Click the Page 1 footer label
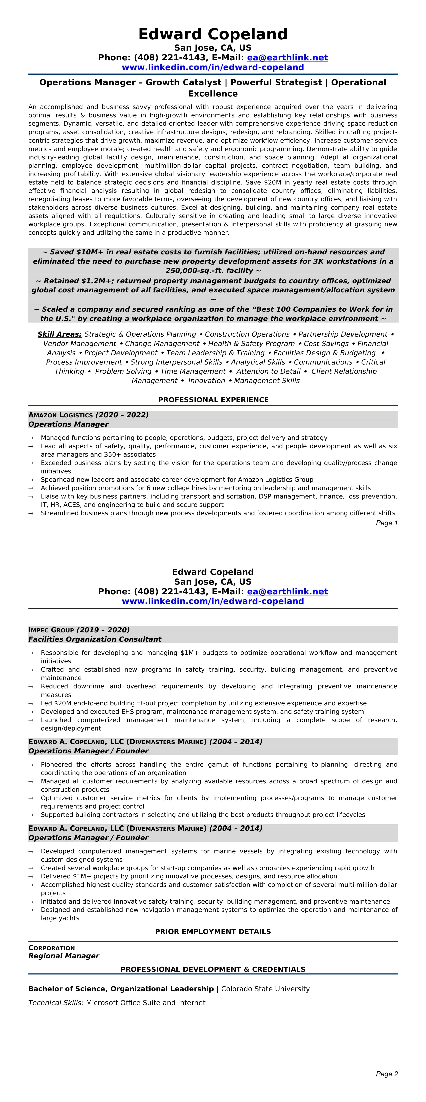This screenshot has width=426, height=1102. (387, 523)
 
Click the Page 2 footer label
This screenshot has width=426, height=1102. (387, 1074)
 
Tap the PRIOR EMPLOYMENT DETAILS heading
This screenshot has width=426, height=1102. (213, 931)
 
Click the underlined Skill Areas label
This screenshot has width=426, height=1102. (59, 334)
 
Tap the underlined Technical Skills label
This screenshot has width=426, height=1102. (56, 1002)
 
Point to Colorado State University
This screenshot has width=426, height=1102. (265, 989)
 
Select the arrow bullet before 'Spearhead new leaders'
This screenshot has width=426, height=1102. (31, 480)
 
